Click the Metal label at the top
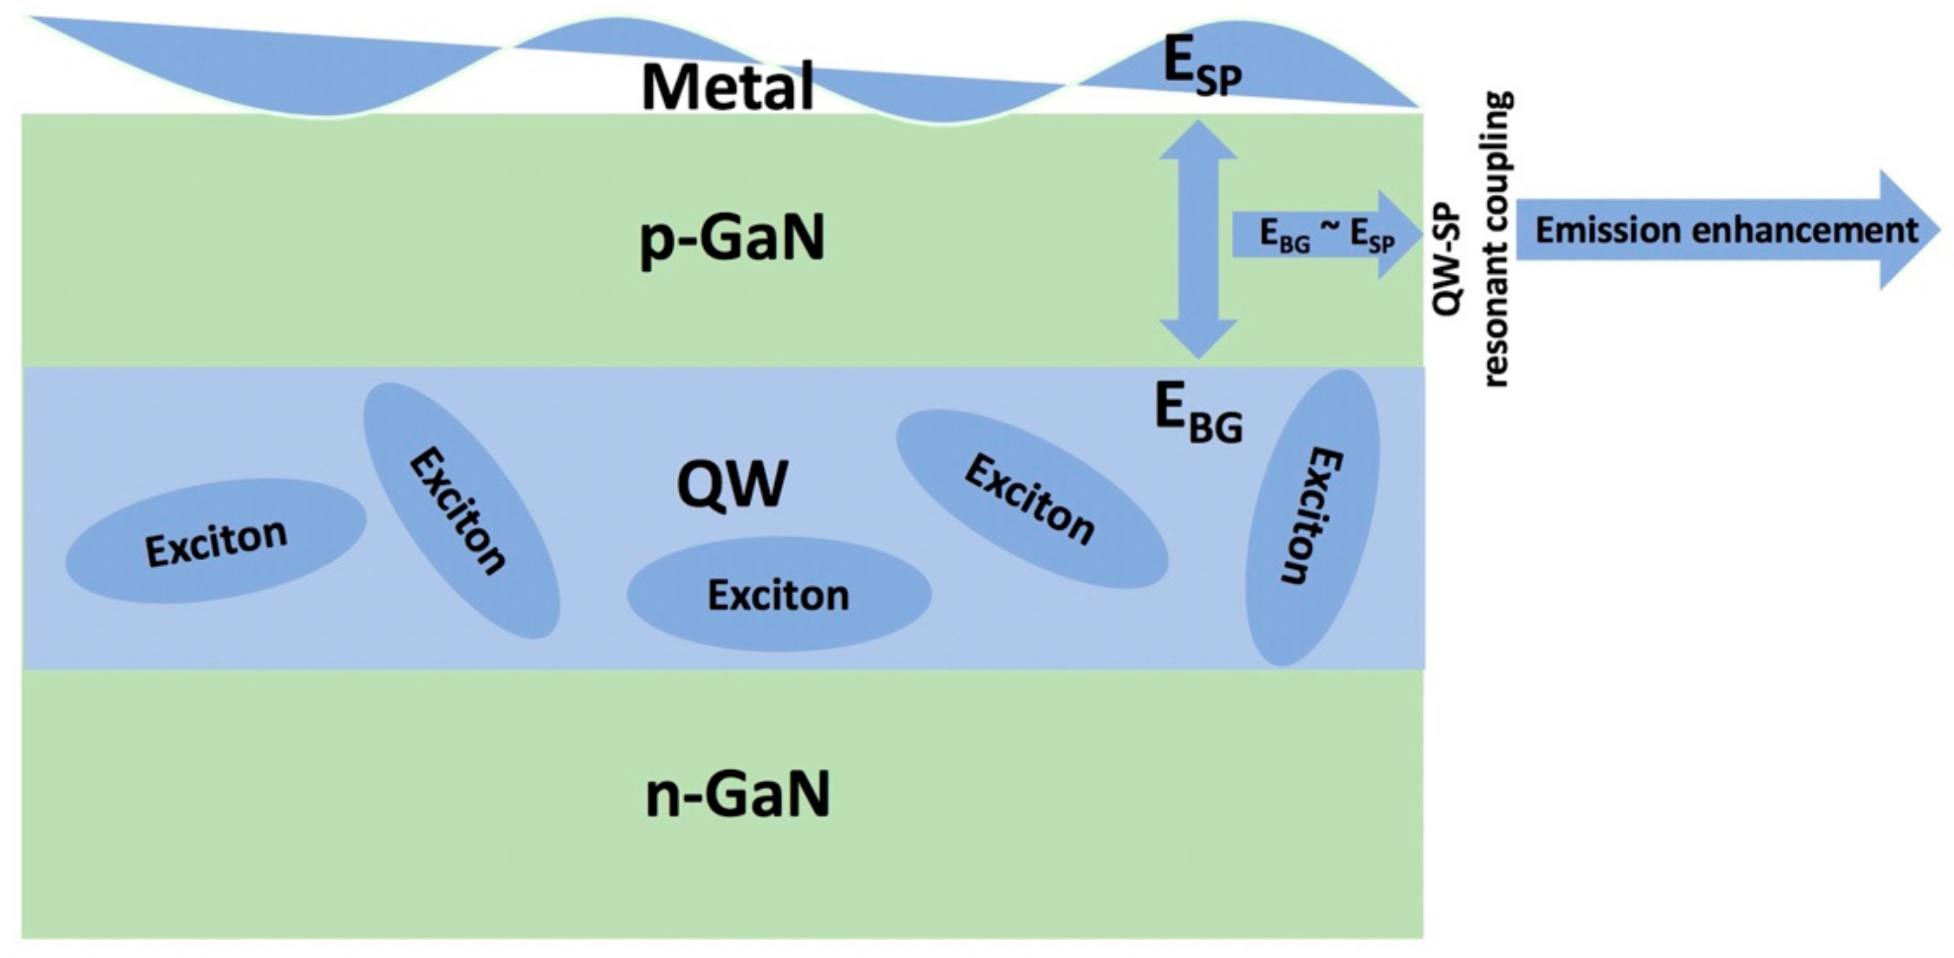[727, 87]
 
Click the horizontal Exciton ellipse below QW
[778, 595]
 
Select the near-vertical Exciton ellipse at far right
[1312, 517]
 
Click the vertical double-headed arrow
[1198, 239]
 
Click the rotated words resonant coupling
[1497, 239]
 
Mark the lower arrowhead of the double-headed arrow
[1198, 338]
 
